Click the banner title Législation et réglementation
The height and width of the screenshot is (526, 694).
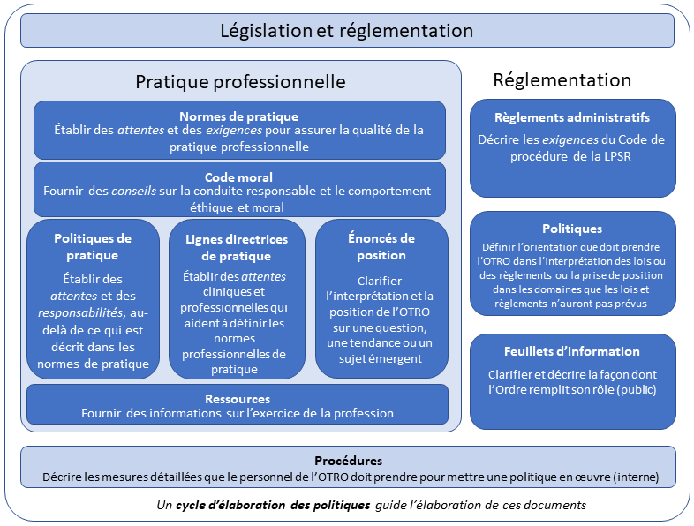(x=346, y=31)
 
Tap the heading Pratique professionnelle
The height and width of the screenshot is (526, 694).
(x=240, y=82)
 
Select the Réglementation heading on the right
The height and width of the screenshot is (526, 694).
(x=562, y=80)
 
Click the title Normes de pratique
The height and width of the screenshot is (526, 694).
(x=238, y=116)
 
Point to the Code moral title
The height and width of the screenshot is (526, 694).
(x=238, y=177)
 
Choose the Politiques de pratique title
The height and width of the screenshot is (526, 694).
(x=93, y=246)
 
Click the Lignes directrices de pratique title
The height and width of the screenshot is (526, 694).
(x=237, y=247)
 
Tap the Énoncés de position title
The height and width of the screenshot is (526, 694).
(x=381, y=246)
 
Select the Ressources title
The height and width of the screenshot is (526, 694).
(x=238, y=399)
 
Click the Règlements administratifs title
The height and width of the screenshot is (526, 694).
(x=572, y=117)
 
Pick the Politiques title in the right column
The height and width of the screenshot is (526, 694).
(x=572, y=229)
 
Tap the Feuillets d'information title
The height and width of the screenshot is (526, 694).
(x=572, y=351)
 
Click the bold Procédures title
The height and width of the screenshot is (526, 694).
(x=348, y=461)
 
